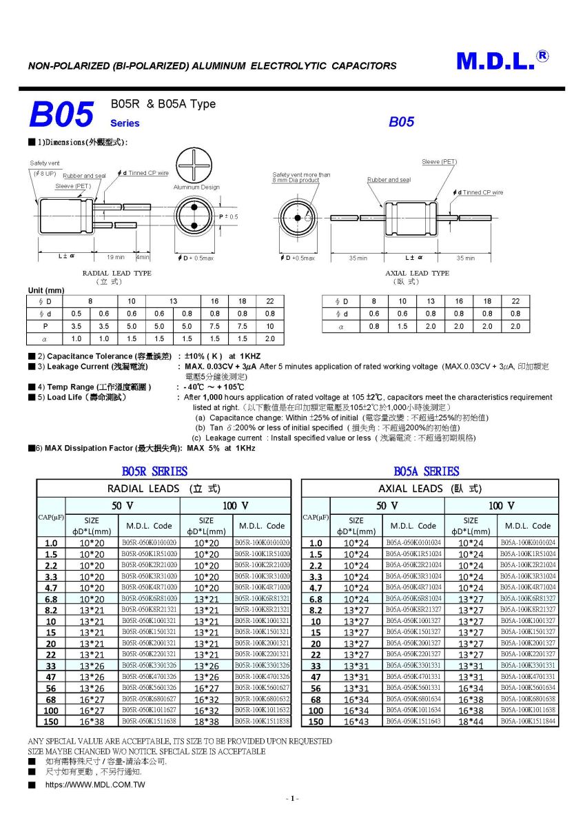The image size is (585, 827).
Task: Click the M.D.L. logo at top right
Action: tap(502, 61)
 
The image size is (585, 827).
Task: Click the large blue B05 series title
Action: tap(61, 115)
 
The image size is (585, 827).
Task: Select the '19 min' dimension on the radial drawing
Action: tap(115, 258)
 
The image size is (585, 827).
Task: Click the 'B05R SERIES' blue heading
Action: tap(154, 471)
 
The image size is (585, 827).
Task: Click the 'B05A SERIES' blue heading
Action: tap(426, 471)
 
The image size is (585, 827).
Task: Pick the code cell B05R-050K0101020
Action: tap(149, 543)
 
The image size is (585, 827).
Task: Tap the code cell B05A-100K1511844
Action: tap(528, 721)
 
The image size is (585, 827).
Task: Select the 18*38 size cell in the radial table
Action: tap(206, 721)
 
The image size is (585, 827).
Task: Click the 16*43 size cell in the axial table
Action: tap(356, 721)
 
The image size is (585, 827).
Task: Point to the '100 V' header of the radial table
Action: tap(235, 506)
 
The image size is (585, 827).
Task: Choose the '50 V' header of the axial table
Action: tap(387, 506)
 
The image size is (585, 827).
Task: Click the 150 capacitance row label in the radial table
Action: tap(51, 721)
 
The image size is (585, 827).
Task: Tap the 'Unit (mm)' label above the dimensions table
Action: tap(45, 290)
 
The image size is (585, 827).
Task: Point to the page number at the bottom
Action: tap(292, 798)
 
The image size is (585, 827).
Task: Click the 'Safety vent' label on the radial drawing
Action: tap(45, 163)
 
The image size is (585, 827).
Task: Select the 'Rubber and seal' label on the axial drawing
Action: tap(389, 180)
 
